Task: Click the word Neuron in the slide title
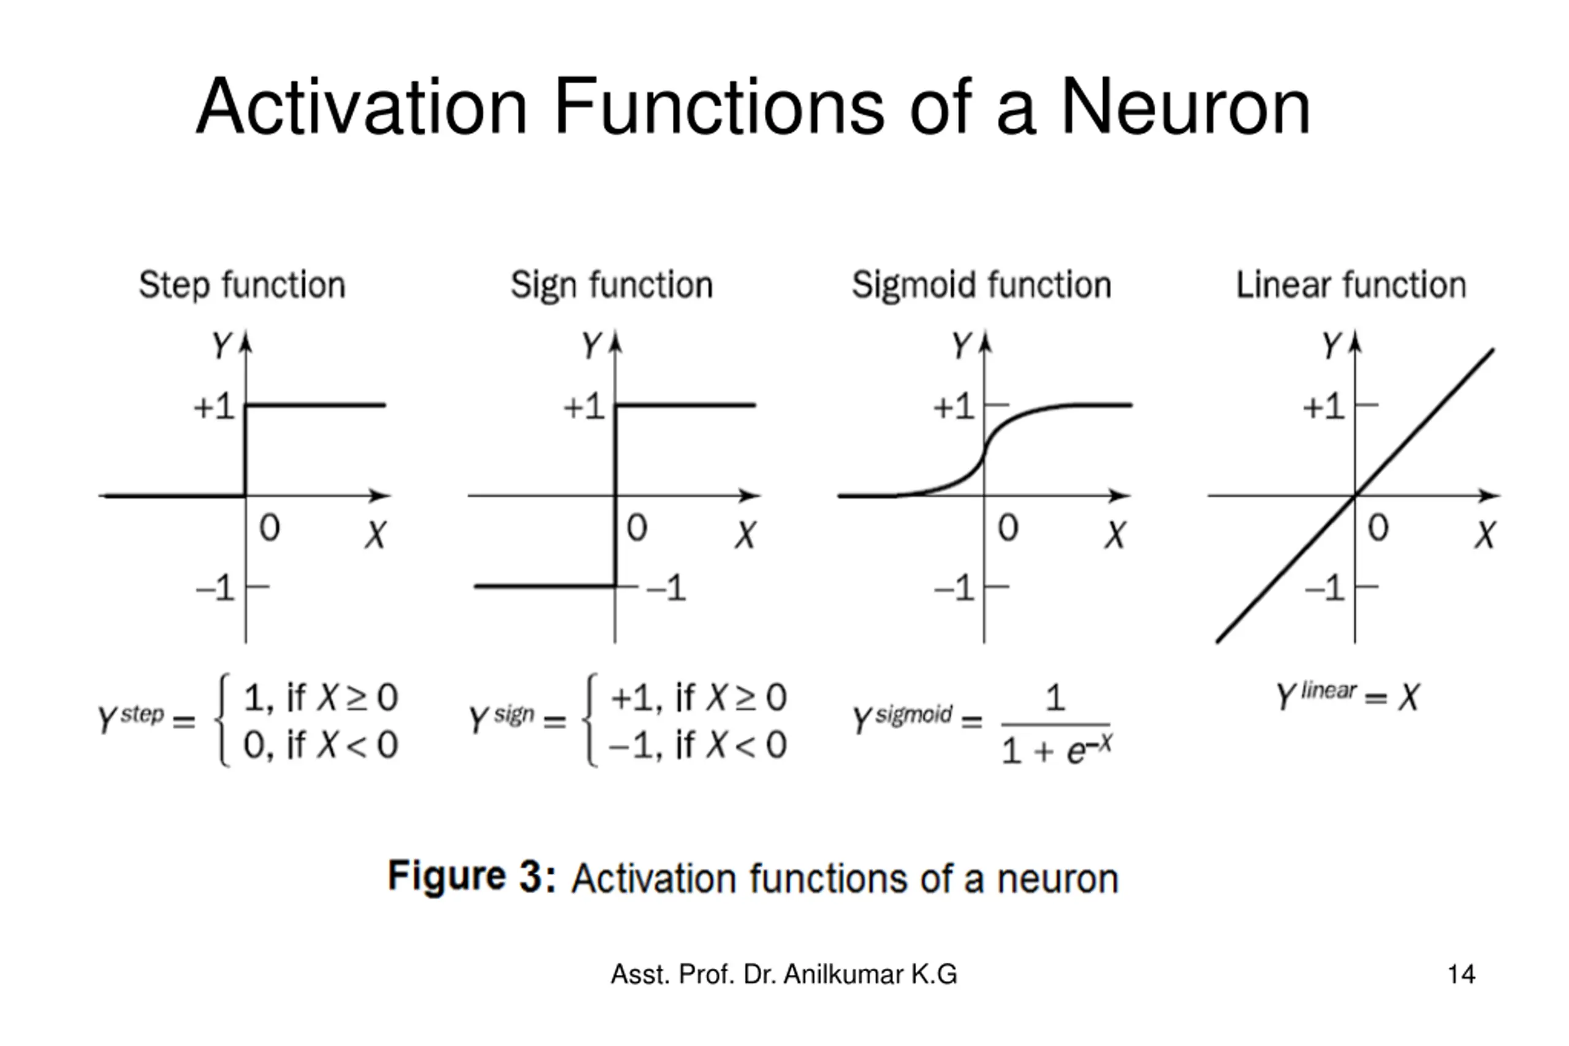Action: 1185,107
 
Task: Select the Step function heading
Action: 242,285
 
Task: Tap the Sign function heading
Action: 612,285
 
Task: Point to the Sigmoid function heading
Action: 981,285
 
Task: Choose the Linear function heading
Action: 1351,285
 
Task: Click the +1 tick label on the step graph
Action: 214,406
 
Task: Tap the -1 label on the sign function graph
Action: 666,588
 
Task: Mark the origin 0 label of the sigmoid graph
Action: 1008,528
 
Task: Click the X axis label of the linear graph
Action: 1485,535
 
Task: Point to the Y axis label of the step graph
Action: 221,346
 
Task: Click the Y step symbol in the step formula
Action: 131,718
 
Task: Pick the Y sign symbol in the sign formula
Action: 501,718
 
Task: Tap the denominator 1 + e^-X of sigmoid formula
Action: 1056,751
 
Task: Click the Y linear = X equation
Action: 1348,697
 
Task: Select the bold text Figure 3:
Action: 472,876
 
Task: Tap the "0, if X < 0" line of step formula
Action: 320,745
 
